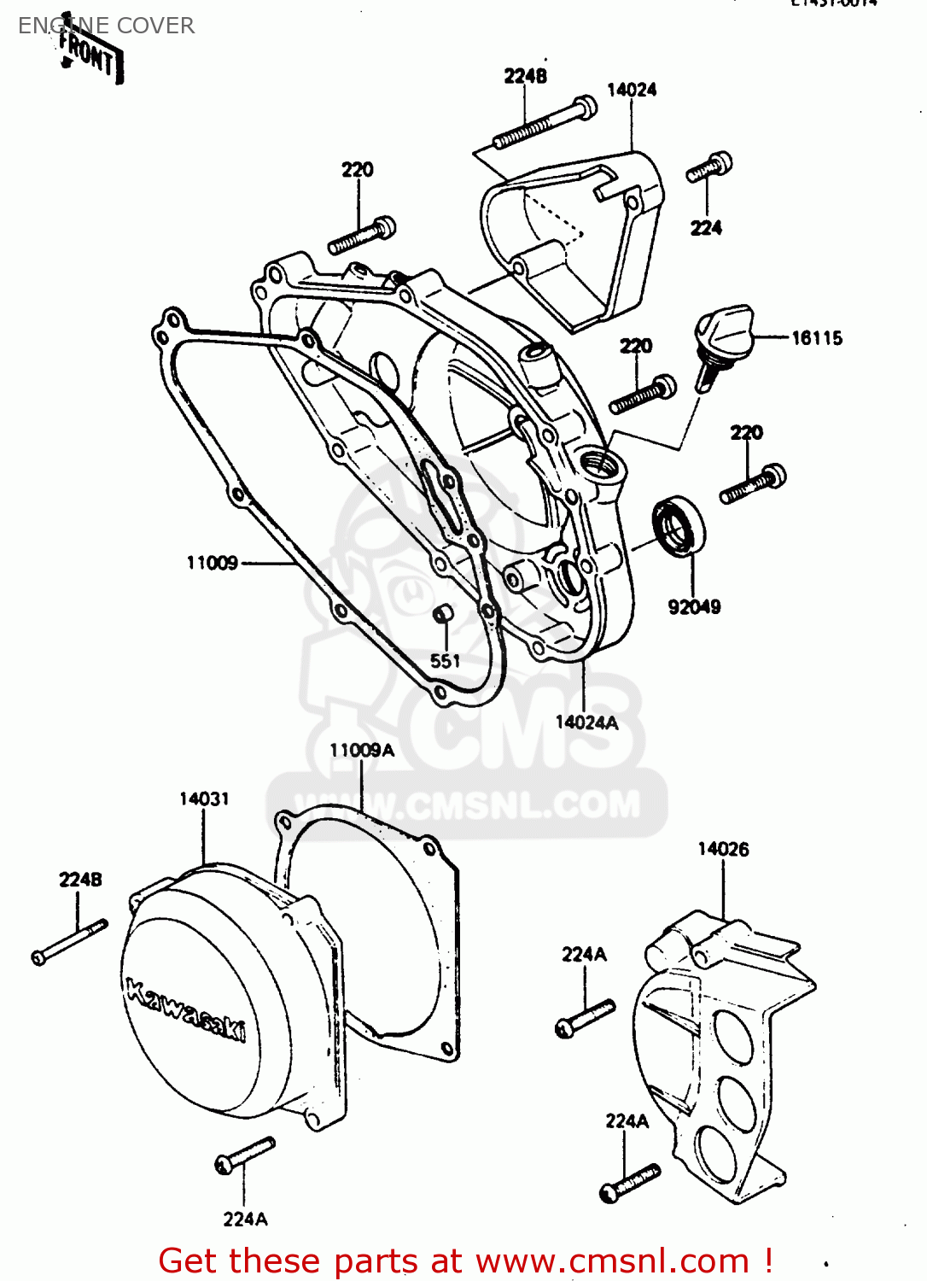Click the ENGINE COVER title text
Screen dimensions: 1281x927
[x=106, y=26]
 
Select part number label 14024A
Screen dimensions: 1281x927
[x=586, y=722]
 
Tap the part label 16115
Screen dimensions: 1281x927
[x=816, y=338]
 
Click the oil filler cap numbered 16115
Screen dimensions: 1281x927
[x=723, y=337]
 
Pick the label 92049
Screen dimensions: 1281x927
[x=694, y=607]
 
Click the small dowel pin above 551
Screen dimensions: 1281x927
[x=443, y=614]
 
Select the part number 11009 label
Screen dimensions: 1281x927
[x=212, y=563]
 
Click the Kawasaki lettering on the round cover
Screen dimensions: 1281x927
[x=185, y=1010]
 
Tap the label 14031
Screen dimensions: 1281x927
[x=204, y=798]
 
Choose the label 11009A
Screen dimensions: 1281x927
[x=362, y=750]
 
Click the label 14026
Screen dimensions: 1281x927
[x=723, y=849]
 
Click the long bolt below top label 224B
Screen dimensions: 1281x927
[x=545, y=125]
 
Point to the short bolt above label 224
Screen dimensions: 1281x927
[x=709, y=167]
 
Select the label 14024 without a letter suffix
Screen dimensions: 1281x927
[x=632, y=90]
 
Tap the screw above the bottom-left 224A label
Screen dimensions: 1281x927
[x=245, y=1155]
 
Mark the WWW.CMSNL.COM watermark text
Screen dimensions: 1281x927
[x=467, y=804]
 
